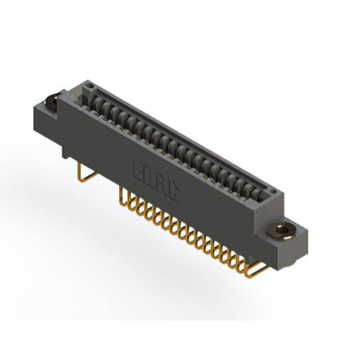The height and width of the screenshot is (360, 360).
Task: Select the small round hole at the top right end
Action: [272, 191]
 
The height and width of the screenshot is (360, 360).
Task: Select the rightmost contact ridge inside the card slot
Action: [258, 194]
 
